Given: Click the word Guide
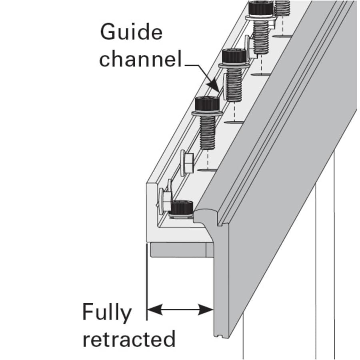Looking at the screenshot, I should tap(132, 32).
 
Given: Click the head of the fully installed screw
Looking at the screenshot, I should tap(182, 207).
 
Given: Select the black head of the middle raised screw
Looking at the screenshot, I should tap(233, 56).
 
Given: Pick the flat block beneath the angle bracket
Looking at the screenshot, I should tap(178, 250).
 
